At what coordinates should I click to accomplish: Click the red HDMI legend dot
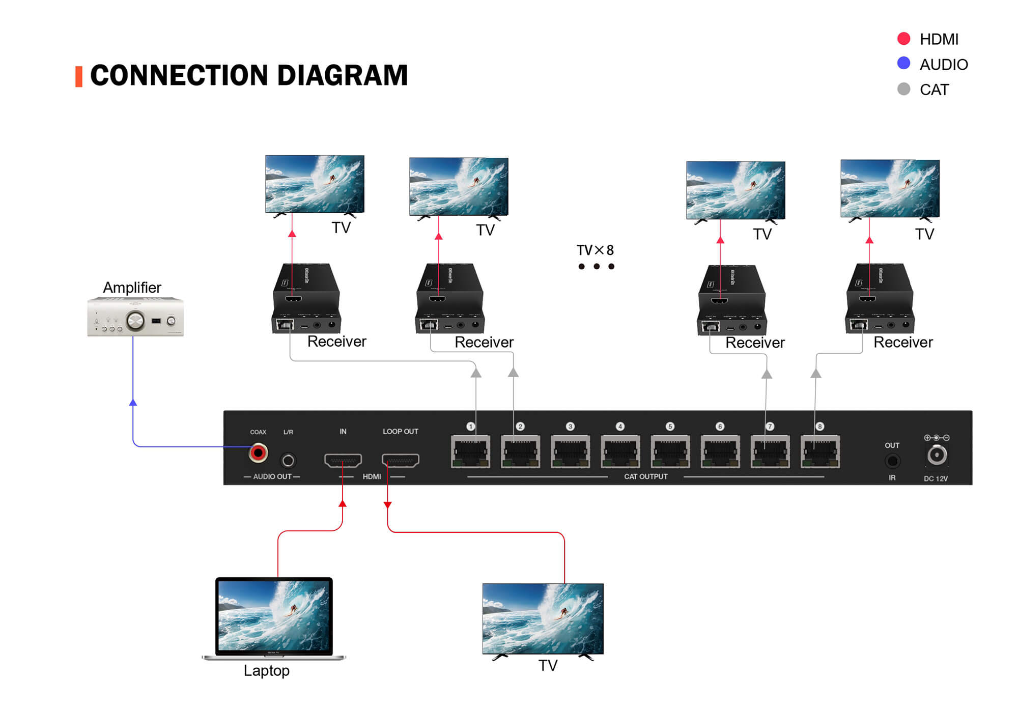pyautogui.click(x=903, y=39)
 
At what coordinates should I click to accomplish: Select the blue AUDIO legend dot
pyautogui.click(x=903, y=63)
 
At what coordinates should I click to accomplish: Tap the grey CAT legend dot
pyautogui.click(x=903, y=89)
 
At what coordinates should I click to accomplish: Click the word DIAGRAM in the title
pyautogui.click(x=342, y=75)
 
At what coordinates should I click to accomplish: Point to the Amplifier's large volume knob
pyautogui.click(x=135, y=321)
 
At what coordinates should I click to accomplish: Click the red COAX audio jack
pyautogui.click(x=258, y=452)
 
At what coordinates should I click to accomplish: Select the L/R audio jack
pyautogui.click(x=288, y=461)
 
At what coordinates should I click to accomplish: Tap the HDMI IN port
pyautogui.click(x=343, y=461)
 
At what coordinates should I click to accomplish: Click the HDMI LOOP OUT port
pyautogui.click(x=401, y=461)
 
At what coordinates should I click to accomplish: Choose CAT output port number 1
pyautogui.click(x=470, y=451)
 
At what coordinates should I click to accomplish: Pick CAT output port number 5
pyautogui.click(x=670, y=451)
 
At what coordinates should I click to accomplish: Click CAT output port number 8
pyautogui.click(x=820, y=451)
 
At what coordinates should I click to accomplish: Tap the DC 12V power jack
pyautogui.click(x=937, y=455)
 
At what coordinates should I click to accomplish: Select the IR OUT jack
pyautogui.click(x=892, y=461)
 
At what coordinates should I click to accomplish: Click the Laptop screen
pyautogui.click(x=274, y=615)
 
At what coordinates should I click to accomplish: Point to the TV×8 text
pyautogui.click(x=595, y=250)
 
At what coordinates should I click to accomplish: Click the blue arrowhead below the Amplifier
pyautogui.click(x=133, y=403)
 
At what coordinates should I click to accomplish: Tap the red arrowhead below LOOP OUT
pyautogui.click(x=387, y=505)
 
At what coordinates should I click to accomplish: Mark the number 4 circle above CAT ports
pyautogui.click(x=620, y=427)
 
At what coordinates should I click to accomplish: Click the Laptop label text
pyautogui.click(x=266, y=671)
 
